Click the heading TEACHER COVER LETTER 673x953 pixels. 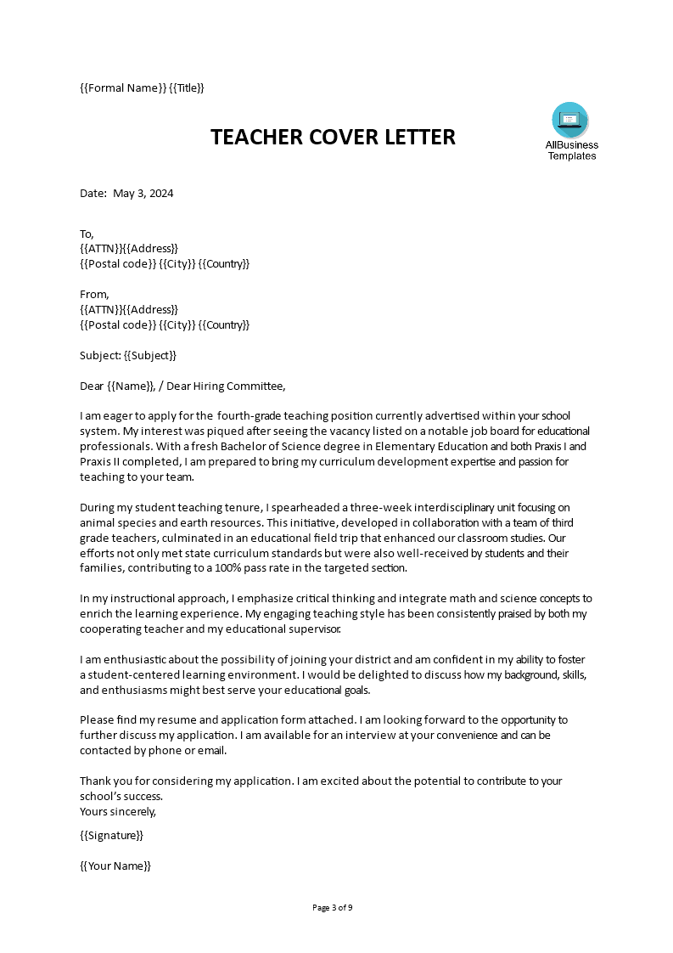click(333, 137)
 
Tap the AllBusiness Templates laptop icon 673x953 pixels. click(569, 120)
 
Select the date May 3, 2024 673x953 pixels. click(149, 193)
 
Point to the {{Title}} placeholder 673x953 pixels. click(187, 87)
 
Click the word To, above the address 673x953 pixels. click(87, 234)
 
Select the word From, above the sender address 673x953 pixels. click(94, 295)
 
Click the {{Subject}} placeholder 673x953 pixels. click(150, 355)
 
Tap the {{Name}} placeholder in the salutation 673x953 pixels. click(132, 386)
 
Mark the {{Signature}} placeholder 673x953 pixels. click(112, 835)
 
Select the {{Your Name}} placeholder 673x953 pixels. click(115, 866)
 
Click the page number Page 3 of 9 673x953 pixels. click(333, 907)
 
